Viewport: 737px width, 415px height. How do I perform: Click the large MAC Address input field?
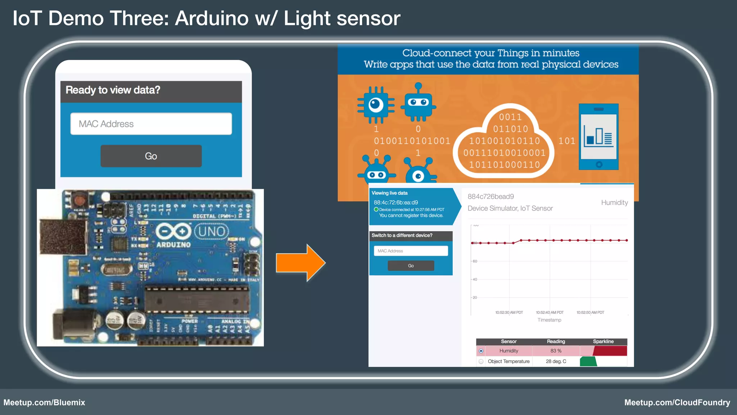(151, 124)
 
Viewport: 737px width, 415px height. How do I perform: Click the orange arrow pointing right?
(300, 263)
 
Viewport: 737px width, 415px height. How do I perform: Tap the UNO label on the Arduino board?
(212, 231)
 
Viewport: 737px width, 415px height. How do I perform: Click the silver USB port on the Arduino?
(63, 236)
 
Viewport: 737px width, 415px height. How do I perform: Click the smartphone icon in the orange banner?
(598, 137)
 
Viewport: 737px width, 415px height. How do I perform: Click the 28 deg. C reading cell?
(556, 361)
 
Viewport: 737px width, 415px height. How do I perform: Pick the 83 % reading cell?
(556, 351)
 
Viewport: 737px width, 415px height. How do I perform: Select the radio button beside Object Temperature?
(481, 361)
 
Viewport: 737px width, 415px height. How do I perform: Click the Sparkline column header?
(603, 342)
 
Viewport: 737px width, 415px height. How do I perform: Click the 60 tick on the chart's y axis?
(475, 261)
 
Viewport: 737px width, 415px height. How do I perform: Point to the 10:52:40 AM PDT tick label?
(550, 312)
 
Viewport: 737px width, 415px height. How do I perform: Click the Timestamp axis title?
(549, 320)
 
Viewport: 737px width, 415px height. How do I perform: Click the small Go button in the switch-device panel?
(411, 265)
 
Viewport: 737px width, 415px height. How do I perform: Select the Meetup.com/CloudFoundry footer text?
(677, 402)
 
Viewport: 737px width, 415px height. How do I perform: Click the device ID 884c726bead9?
(490, 197)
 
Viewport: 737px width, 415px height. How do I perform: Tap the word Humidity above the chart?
(614, 203)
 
